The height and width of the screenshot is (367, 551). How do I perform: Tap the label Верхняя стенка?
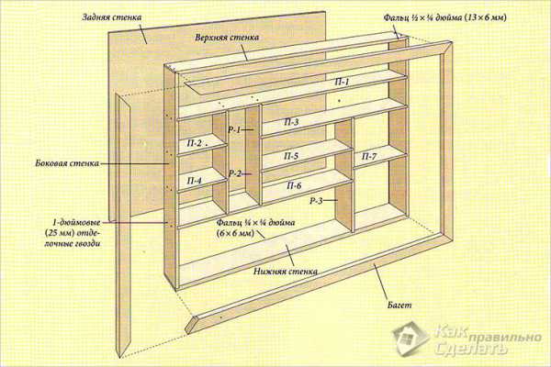(225, 39)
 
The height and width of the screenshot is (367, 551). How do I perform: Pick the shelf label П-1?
(342, 83)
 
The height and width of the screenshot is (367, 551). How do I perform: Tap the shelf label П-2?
(195, 142)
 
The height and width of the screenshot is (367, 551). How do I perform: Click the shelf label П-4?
(195, 181)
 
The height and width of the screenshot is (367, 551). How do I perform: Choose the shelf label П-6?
(294, 186)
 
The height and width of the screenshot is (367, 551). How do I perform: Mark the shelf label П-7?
(367, 157)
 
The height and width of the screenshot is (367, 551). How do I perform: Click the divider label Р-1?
(234, 130)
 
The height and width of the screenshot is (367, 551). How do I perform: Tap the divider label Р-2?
(235, 173)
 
